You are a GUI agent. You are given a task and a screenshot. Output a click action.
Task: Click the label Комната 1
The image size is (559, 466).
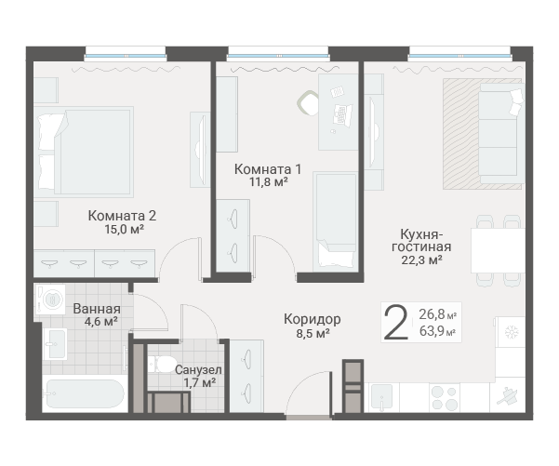pyautogui.click(x=268, y=169)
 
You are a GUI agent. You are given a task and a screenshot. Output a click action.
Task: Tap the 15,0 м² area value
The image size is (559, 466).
pyautogui.click(x=124, y=229)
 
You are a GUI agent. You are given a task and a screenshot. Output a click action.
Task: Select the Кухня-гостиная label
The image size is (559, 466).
pyautogui.click(x=421, y=240)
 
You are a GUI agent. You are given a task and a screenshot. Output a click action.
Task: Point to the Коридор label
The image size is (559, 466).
pyautogui.click(x=313, y=319)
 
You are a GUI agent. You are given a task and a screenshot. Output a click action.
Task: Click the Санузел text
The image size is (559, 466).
pyautogui.click(x=198, y=370)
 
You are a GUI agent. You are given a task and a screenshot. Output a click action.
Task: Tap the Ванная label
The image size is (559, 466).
pyautogui.click(x=97, y=309)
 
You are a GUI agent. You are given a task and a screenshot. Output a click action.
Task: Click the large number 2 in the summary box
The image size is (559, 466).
pyautogui.click(x=395, y=324)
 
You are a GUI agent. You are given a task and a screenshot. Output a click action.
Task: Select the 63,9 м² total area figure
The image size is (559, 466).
pyautogui.click(x=437, y=331)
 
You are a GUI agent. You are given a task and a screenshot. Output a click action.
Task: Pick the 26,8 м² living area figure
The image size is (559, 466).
pyautogui.click(x=437, y=314)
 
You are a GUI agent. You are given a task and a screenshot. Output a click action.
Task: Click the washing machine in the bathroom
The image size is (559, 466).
pyautogui.click(x=50, y=299)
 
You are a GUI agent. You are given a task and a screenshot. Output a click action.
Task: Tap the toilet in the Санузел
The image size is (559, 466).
pyautogui.click(x=161, y=365)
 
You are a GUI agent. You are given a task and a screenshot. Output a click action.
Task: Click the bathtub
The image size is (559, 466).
pyautogui.click(x=85, y=394)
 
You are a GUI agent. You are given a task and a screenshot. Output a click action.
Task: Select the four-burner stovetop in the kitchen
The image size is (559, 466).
pyautogui.click(x=445, y=398)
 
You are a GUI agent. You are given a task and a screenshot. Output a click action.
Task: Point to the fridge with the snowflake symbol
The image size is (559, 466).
pyautogui.click(x=511, y=332)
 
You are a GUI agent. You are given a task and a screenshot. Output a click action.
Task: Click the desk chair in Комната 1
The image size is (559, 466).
pyautogui.click(x=308, y=102)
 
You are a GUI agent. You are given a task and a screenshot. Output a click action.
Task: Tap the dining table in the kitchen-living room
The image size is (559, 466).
pyautogui.click(x=498, y=250)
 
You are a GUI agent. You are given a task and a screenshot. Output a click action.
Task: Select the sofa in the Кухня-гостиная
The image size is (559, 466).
pyautogui.click(x=501, y=134)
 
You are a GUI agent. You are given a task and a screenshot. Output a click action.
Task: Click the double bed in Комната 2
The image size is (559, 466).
pyautogui.click(x=84, y=152)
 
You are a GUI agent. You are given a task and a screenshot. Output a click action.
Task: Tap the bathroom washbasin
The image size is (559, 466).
pyautogui.click(x=55, y=344)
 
